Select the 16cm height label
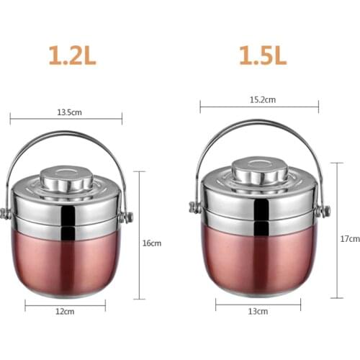152,243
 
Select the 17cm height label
349,238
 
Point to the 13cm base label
258,311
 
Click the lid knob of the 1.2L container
67,177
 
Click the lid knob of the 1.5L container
258,170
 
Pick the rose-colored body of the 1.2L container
67,263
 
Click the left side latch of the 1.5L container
194,208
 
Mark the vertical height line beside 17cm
337,230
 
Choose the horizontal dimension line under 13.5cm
67,119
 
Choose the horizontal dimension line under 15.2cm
258,108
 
